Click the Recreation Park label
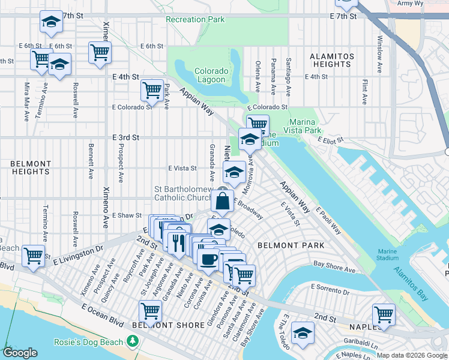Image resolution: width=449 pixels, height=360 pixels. [x=195, y=20]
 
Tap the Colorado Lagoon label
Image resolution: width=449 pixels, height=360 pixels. [x=211, y=75]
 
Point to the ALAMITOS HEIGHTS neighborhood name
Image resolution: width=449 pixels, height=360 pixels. [x=331, y=60]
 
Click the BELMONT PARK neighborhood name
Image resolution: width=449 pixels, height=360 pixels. [x=291, y=245]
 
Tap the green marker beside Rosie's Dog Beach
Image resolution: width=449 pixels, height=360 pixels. [x=131, y=342]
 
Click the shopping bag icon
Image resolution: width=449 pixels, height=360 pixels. [x=222, y=202]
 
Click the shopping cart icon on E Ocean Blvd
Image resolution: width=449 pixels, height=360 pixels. [x=150, y=311]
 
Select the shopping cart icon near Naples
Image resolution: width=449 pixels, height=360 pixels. [x=384, y=314]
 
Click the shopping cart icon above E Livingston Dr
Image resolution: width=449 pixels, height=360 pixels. [x=34, y=255]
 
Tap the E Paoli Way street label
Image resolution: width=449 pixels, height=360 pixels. [x=329, y=221]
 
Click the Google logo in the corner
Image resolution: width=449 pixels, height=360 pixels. [x=20, y=353]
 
